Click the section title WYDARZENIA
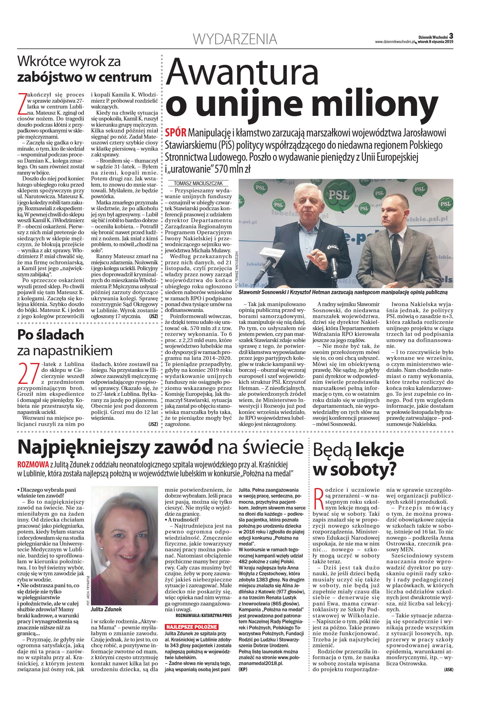(235, 39)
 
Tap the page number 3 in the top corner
(451, 36)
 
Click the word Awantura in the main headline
(242, 73)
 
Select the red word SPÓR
(176, 132)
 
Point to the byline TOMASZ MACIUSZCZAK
(198, 183)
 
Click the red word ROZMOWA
(33, 464)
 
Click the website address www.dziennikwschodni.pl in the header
(395, 42)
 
